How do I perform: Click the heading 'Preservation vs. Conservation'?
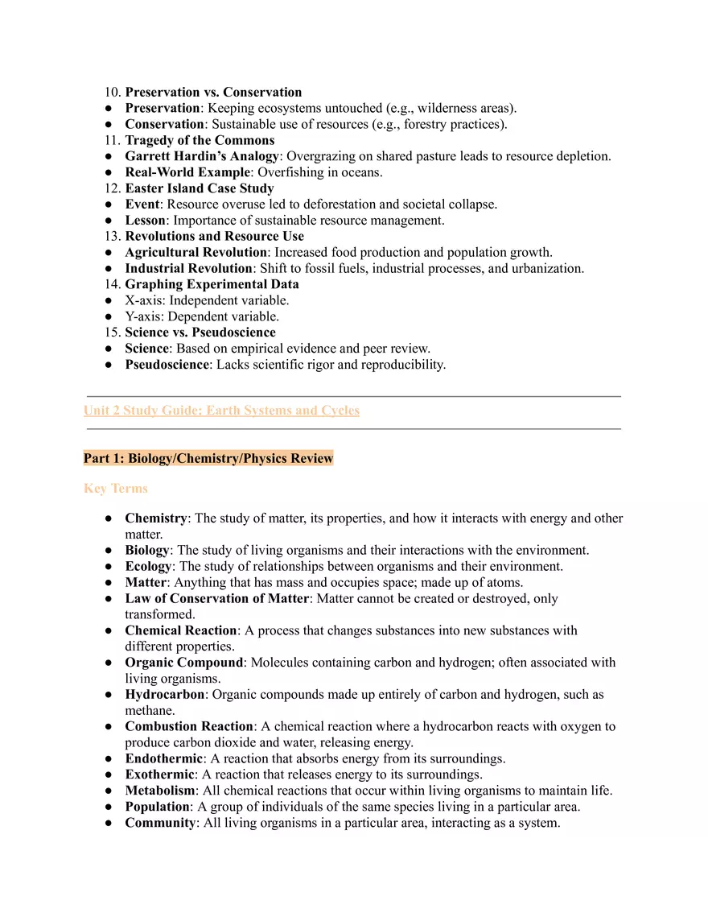(x=213, y=93)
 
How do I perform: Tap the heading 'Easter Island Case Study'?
(x=199, y=188)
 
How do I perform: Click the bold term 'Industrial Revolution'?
(x=188, y=268)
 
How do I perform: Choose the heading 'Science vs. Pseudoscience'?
(x=200, y=333)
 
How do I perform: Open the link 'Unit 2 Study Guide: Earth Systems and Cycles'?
(x=221, y=411)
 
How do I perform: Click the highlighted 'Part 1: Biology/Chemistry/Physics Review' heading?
(x=208, y=459)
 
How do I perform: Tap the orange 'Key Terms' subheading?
(x=115, y=489)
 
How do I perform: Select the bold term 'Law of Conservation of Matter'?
(x=216, y=599)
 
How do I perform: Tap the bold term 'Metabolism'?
(x=159, y=791)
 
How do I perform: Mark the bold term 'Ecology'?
(x=147, y=567)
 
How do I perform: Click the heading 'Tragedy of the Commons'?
(x=200, y=141)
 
